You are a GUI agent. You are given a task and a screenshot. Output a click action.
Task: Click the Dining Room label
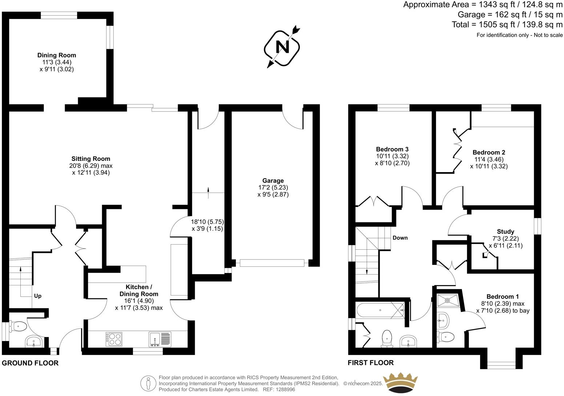click(57, 55)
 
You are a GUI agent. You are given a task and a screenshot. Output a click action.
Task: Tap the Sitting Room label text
click(90, 159)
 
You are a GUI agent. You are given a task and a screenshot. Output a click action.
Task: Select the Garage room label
click(273, 181)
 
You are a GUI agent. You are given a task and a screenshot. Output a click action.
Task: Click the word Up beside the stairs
click(38, 296)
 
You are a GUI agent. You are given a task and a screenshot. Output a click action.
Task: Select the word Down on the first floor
click(400, 238)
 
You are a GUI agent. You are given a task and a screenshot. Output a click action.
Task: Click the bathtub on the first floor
click(380, 310)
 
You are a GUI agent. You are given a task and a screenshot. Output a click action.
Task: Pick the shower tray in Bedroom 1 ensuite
click(447, 300)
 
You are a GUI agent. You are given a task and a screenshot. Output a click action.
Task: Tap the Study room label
click(505, 231)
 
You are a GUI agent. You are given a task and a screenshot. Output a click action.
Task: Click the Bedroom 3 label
click(392, 149)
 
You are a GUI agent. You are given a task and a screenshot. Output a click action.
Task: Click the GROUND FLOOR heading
click(30, 363)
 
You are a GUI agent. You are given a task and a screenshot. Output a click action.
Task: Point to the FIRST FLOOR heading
click(371, 363)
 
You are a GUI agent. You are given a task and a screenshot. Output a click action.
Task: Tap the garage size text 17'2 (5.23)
click(273, 187)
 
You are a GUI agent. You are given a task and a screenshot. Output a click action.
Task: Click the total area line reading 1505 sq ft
click(507, 25)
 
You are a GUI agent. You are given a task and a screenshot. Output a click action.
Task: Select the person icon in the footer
click(148, 383)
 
